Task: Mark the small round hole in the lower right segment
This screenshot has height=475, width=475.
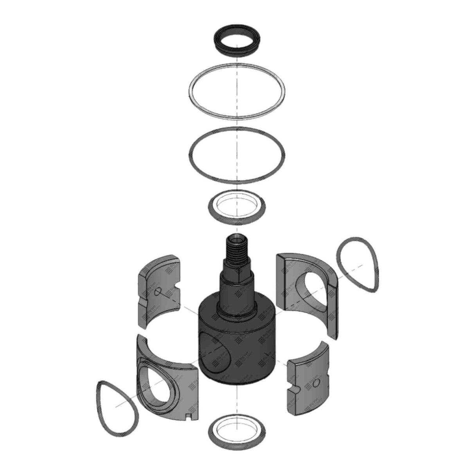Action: [x=318, y=381]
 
